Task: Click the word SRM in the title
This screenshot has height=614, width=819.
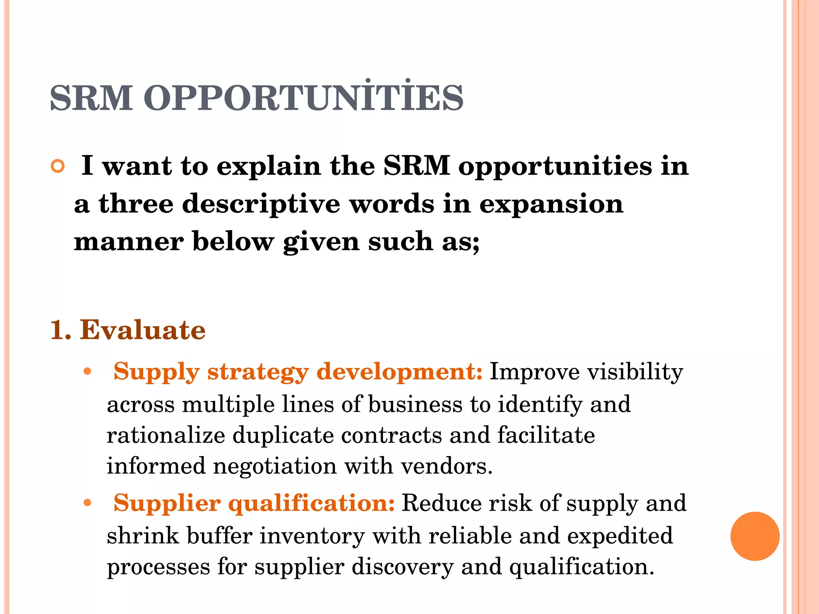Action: coord(91,98)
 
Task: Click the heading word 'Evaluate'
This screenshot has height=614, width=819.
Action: coord(143,330)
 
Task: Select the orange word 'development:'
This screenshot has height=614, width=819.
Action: coord(400,372)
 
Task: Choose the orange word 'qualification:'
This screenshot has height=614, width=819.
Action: coord(312,503)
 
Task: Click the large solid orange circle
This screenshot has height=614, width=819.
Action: coord(755,536)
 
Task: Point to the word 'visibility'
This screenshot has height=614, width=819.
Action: coord(635,372)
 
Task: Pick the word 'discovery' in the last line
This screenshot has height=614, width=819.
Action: coord(403,567)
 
